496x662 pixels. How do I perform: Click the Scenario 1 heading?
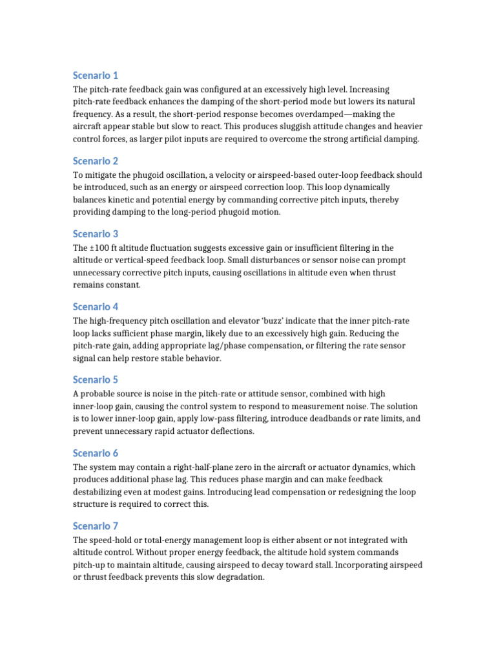coord(95,76)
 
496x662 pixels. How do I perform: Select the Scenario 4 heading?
coord(95,306)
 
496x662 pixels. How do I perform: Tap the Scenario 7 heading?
coord(95,526)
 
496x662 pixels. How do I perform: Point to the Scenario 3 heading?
coord(95,233)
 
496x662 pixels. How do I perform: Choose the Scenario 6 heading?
coord(95,453)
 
